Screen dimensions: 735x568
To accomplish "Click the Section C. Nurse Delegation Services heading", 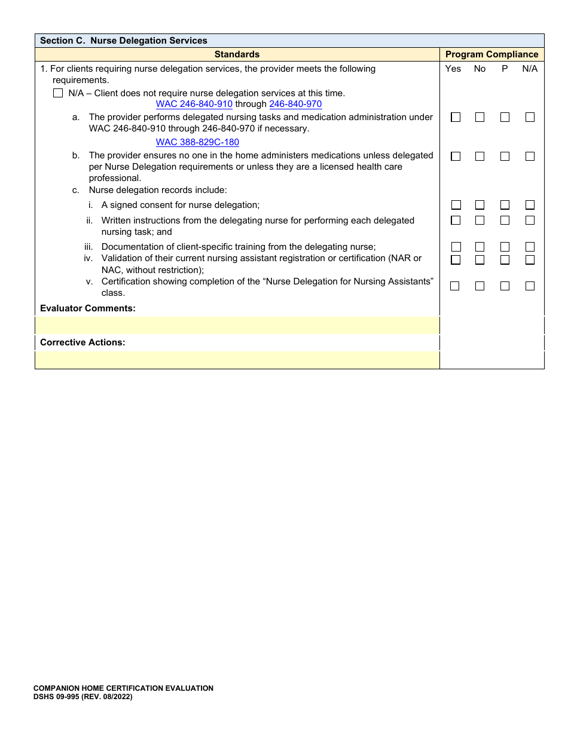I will click(x=123, y=41).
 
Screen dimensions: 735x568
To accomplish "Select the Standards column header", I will click(x=237, y=54).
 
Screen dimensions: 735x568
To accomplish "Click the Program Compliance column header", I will click(x=491, y=54).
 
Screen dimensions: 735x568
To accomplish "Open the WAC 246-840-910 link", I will click(x=194, y=104).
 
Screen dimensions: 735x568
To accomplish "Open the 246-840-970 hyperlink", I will click(x=295, y=104).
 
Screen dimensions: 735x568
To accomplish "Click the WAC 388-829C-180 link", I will click(x=197, y=142).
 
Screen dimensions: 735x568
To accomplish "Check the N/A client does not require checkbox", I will click(x=58, y=93).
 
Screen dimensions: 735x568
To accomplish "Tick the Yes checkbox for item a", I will click(x=456, y=118).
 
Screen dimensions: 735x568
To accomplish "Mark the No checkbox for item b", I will click(x=480, y=157).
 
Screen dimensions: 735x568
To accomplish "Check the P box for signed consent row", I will click(x=505, y=205).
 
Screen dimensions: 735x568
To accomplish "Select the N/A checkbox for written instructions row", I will click(x=530, y=220).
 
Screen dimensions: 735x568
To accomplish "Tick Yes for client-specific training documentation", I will click(x=456, y=247).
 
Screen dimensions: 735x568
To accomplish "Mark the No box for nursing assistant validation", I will click(x=480, y=260).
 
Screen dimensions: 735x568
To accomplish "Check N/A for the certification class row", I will click(x=530, y=286).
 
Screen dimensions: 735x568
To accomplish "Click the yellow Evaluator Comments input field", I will click(x=237, y=326).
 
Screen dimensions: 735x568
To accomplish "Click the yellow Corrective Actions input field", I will click(x=237, y=360).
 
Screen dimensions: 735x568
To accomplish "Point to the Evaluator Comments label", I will click(x=88, y=308).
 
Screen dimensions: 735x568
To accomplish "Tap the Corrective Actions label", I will click(x=83, y=342).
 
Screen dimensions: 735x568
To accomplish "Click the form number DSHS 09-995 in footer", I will click(x=83, y=697).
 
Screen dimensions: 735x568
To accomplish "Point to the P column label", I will click(x=505, y=69).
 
